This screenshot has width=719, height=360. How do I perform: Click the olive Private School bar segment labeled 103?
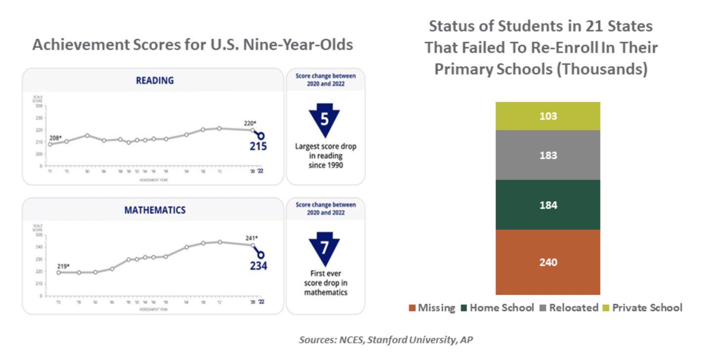click(548, 116)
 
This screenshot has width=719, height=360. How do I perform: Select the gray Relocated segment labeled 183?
click(548, 155)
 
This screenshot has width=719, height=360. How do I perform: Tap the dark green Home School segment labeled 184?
click(548, 205)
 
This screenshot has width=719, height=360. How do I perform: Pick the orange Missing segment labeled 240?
click(548, 262)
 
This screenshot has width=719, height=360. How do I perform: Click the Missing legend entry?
click(432, 308)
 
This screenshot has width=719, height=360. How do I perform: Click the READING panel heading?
click(155, 80)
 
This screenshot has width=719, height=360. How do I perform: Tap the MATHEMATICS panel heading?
click(155, 210)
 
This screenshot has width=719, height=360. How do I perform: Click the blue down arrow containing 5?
click(324, 120)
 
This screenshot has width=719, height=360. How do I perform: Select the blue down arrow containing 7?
click(324, 249)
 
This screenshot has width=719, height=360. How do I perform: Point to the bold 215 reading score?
click(258, 146)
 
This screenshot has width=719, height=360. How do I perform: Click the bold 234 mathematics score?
click(258, 266)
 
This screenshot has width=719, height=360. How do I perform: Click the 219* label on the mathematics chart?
click(63, 266)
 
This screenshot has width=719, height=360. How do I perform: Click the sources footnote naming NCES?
click(386, 340)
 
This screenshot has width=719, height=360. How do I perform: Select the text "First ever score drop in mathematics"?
click(325, 282)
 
